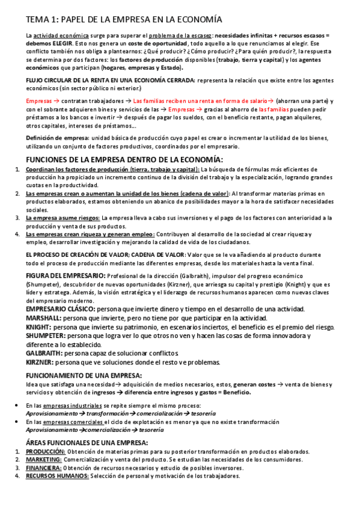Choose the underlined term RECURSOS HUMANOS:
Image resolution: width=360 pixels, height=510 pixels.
pyautogui.click(x=57, y=476)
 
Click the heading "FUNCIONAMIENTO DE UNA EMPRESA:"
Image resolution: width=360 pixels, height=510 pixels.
pyautogui.click(x=85, y=375)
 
